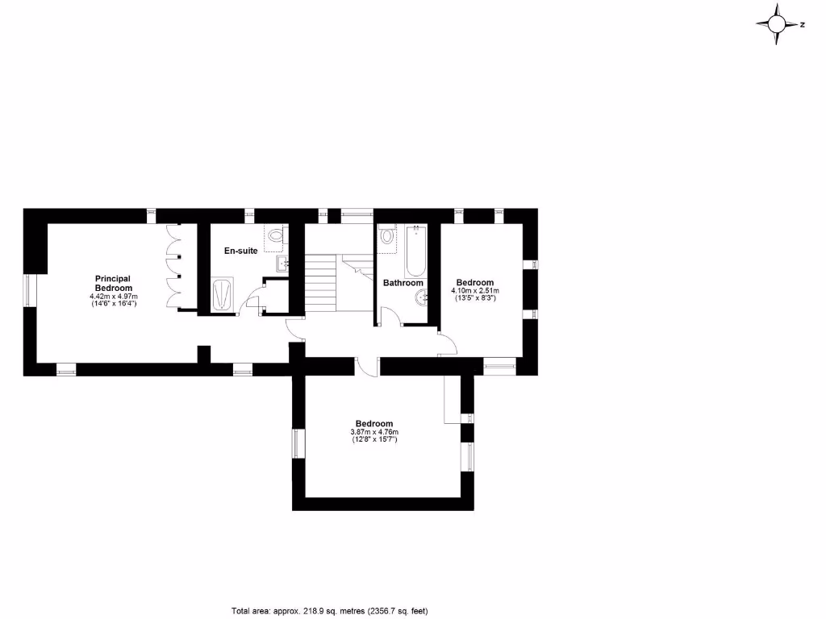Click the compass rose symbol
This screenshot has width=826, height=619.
coord(778,24)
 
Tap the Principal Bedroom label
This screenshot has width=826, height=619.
coord(113,284)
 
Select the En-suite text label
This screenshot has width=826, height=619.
coord(240,251)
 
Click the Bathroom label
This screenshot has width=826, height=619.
coord(403,283)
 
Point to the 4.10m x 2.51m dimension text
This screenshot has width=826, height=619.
coord(475,290)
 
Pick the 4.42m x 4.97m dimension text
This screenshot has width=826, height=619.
coord(114,297)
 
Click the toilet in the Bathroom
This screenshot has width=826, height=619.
coord(387,238)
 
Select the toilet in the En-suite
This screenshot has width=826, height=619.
coord(277,236)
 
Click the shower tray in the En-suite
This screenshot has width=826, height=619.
coord(223,295)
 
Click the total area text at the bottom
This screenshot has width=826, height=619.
coord(334,610)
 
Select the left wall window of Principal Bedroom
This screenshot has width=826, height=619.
coord(30,290)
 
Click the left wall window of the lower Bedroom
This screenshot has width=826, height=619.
coord(296,444)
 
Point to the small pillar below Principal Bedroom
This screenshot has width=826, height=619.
coord(203,354)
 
